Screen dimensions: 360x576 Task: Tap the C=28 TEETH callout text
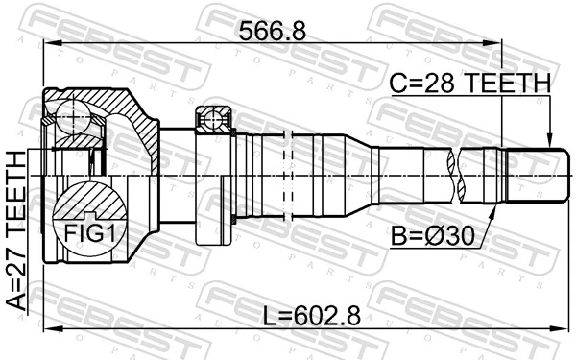pyautogui.click(x=470, y=84)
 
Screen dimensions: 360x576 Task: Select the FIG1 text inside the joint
pyautogui.click(x=87, y=232)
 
